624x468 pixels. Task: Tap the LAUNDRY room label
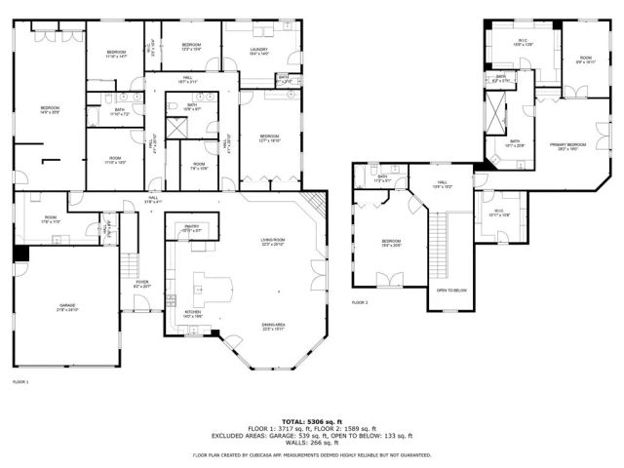pyautogui.click(x=259, y=52)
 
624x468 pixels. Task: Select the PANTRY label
pyautogui.click(x=191, y=228)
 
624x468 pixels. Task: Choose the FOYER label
pyautogui.click(x=141, y=284)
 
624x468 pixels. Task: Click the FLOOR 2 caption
pyautogui.click(x=361, y=302)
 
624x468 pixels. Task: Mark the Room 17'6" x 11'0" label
pyautogui.click(x=51, y=220)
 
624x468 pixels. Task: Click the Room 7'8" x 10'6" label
pyautogui.click(x=198, y=165)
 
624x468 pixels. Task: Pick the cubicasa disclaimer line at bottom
pyautogui.click(x=312, y=454)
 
